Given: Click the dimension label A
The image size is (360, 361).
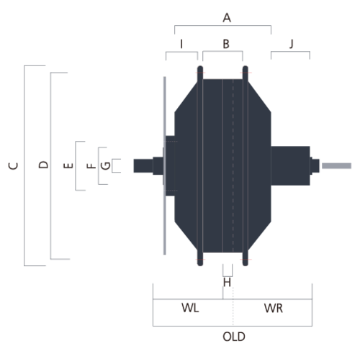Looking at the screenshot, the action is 227,18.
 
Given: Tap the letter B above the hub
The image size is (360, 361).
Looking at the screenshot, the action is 226,44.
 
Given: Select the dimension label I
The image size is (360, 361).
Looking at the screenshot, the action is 181,44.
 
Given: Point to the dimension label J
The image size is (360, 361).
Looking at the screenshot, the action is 292,44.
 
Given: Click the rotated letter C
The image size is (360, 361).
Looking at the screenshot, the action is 13,166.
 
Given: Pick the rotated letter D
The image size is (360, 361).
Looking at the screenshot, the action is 43,165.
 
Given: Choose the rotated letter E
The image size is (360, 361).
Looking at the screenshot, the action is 68,165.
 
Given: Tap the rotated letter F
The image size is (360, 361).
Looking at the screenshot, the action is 91,166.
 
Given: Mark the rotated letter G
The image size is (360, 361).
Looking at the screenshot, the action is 106,166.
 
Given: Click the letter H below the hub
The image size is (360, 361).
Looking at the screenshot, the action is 227,283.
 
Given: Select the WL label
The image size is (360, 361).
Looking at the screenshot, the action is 190,308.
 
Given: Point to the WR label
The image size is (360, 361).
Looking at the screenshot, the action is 274,308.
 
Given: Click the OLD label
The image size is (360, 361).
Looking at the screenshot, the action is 234,337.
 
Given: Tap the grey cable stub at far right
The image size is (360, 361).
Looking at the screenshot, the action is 336,166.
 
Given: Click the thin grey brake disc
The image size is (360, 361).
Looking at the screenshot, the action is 165,166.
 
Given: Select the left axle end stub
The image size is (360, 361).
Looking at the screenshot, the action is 143,166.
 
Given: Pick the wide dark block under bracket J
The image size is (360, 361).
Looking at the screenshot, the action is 290,166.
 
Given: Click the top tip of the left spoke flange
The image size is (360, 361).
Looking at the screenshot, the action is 200,66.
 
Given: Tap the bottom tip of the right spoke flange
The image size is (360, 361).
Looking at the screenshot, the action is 246,265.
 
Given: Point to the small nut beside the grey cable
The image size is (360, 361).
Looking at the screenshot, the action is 315,166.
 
